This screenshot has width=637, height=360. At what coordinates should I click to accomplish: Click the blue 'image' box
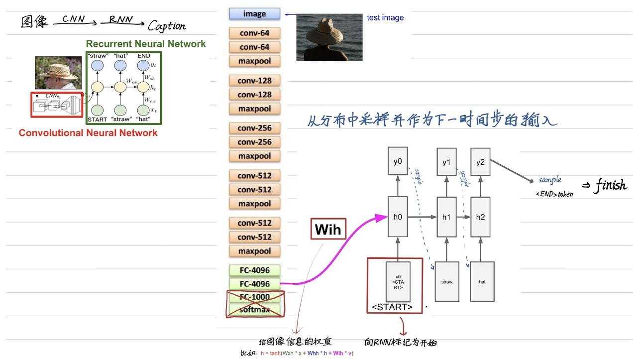click(x=254, y=14)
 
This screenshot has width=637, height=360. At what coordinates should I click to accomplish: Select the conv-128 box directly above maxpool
click(x=254, y=95)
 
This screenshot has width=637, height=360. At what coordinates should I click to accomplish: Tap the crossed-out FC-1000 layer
click(x=254, y=297)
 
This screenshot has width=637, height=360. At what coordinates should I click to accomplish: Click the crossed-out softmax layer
click(x=254, y=310)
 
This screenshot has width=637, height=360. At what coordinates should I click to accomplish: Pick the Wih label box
click(x=328, y=229)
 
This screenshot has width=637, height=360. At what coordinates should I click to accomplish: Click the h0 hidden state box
click(x=398, y=217)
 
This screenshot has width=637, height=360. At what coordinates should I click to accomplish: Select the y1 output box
click(x=446, y=162)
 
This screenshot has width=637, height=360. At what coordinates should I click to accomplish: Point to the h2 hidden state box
click(x=480, y=217)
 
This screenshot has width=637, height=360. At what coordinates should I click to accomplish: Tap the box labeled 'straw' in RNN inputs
click(x=447, y=282)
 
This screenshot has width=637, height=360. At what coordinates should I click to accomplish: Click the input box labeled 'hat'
click(x=482, y=282)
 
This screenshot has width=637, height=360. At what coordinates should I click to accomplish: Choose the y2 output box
click(x=480, y=162)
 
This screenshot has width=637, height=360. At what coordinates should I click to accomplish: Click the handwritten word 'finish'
click(x=611, y=186)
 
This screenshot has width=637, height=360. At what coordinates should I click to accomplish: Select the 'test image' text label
click(x=385, y=18)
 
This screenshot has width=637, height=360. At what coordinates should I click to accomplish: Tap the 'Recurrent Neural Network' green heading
click(x=146, y=44)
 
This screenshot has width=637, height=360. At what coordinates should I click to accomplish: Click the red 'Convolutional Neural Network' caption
click(x=88, y=133)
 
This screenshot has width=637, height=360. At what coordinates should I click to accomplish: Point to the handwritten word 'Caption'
click(x=167, y=26)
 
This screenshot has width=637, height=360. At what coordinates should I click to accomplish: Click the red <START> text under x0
click(x=392, y=307)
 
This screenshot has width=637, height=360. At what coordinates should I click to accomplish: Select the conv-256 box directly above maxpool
click(x=254, y=142)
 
